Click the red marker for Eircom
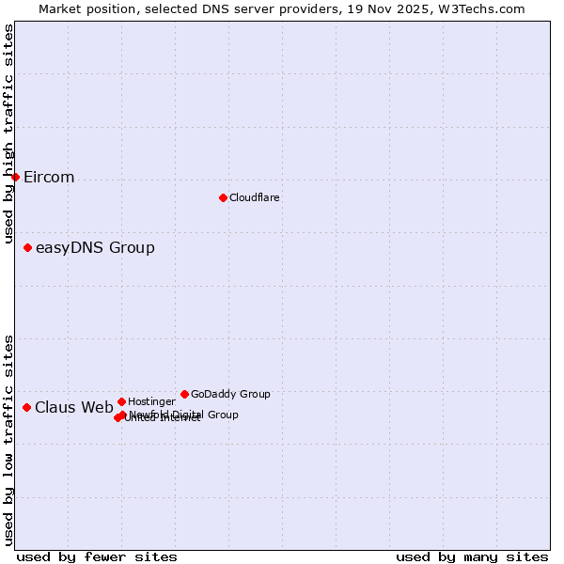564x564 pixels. (x=15, y=177)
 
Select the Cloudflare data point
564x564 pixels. (x=223, y=197)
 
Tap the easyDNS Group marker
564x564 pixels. (x=27, y=247)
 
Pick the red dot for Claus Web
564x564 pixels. (x=26, y=407)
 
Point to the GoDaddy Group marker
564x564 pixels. (x=184, y=394)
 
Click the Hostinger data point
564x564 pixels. (x=121, y=401)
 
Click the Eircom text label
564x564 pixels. (x=49, y=178)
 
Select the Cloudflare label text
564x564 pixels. (x=254, y=197)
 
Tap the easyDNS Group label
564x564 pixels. (x=95, y=248)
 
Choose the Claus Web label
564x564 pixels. (x=73, y=407)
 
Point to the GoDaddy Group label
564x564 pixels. (x=230, y=394)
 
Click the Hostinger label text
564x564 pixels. (x=151, y=401)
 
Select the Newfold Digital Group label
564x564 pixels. (x=183, y=415)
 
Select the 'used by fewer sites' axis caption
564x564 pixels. (x=97, y=556)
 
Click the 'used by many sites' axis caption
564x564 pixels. (x=472, y=556)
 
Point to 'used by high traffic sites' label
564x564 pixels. (x=8, y=134)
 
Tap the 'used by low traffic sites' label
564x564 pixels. (x=8, y=439)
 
